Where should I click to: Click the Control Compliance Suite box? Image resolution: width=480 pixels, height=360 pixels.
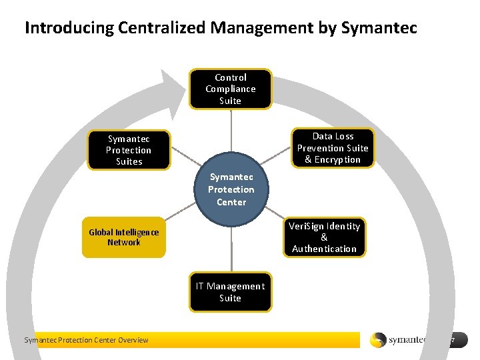230,89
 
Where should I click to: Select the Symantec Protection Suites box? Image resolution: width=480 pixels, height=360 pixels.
129,150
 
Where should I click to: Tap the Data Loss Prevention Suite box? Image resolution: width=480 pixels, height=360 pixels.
332,147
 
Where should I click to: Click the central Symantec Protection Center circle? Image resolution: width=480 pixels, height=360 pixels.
231,189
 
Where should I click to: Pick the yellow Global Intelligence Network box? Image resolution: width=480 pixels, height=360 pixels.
123,237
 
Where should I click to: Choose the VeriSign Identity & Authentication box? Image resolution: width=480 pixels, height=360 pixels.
324,237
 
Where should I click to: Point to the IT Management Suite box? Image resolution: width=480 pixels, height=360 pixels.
230,292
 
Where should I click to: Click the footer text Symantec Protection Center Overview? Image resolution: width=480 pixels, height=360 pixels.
86,340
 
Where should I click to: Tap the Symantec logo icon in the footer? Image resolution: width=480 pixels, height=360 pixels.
378,340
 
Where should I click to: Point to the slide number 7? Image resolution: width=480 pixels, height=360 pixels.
452,340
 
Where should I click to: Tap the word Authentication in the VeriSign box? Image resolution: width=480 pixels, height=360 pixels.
324,249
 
